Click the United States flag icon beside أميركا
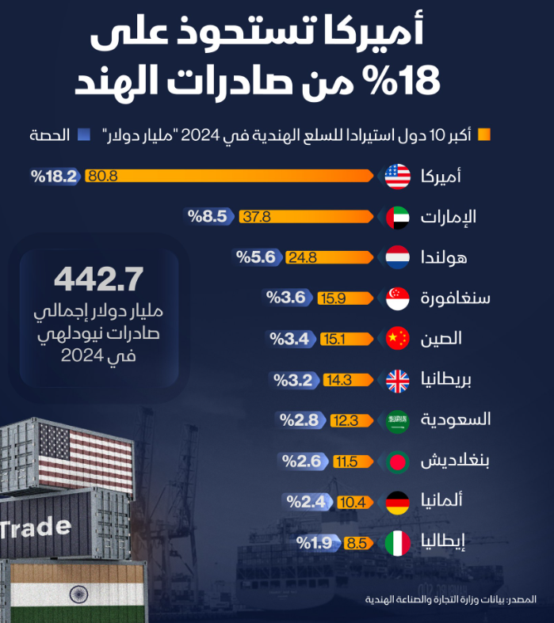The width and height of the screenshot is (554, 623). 397,176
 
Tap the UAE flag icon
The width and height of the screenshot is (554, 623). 397,217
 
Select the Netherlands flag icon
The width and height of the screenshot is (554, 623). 397,257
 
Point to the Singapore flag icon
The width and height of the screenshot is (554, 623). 397,298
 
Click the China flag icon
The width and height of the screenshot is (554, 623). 397,339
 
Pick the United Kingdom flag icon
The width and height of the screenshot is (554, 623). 397,380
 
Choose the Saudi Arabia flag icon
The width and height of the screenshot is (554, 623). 397,420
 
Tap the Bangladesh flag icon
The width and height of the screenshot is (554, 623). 397,462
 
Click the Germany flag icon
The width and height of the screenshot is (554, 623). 397,502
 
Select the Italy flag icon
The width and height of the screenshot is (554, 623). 397,543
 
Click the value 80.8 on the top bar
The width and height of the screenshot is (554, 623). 103,176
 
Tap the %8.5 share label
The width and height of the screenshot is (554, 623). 208,217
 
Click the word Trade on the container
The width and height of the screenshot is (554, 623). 36,527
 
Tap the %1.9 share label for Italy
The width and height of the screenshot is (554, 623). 315,543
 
